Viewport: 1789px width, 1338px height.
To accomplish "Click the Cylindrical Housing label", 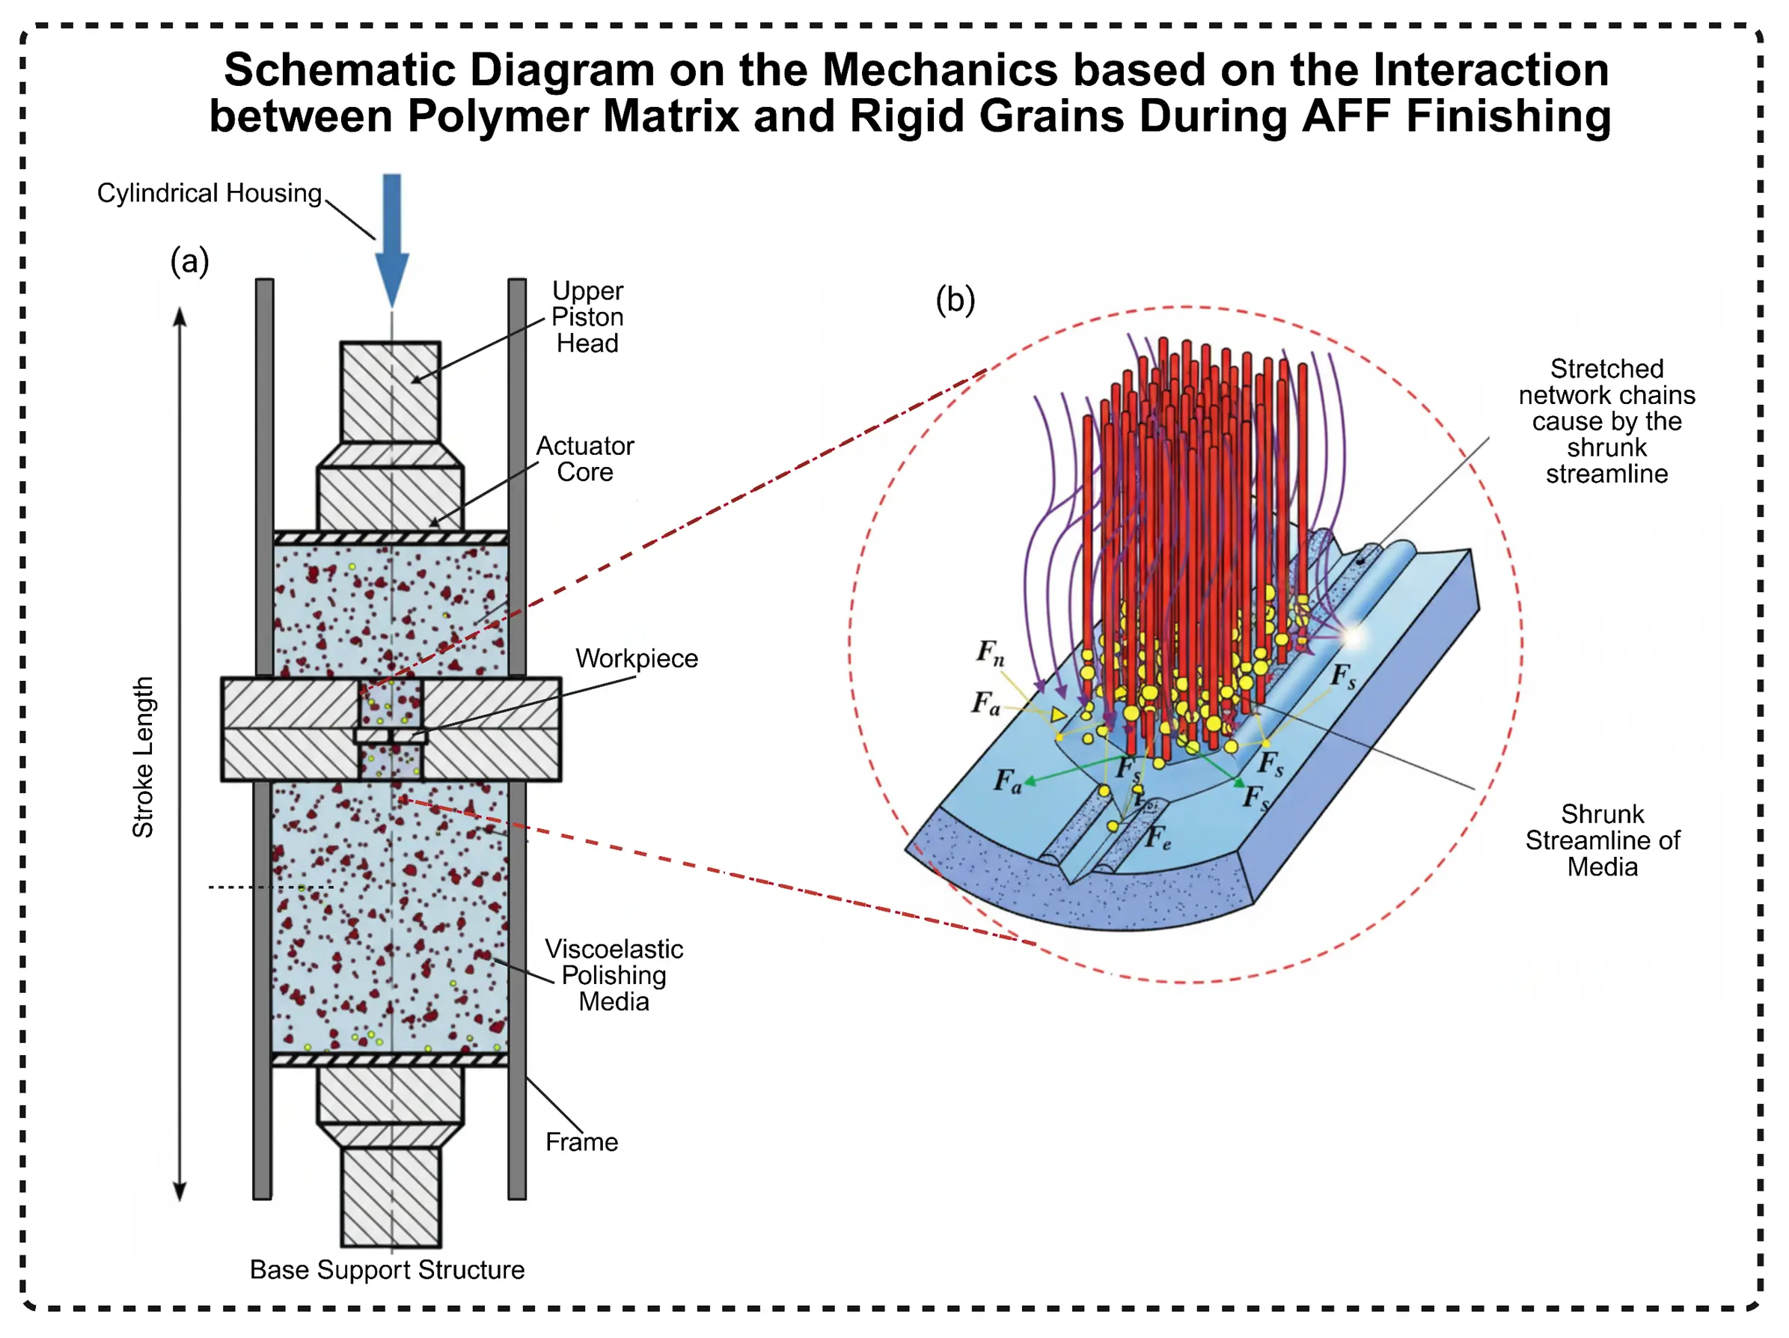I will [x=210, y=193].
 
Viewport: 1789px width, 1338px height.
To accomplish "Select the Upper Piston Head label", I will [x=587, y=317].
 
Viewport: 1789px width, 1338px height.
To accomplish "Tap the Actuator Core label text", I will [x=585, y=459].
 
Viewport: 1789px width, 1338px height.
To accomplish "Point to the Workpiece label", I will [x=637, y=659].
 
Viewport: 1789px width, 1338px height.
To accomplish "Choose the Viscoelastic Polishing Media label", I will [x=614, y=975].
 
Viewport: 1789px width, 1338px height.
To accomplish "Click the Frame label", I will [x=581, y=1141].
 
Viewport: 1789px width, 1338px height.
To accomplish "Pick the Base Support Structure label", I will [x=387, y=1269].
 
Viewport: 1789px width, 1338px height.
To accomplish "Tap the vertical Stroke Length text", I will [x=143, y=757].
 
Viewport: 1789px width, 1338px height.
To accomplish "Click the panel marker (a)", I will [x=189, y=261].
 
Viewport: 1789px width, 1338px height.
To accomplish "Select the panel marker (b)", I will [x=955, y=300].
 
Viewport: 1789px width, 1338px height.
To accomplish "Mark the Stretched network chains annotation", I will [x=1606, y=421].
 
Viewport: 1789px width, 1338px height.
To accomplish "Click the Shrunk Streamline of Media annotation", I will [x=1602, y=840].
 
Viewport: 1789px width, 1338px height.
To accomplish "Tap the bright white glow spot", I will [x=1352, y=638].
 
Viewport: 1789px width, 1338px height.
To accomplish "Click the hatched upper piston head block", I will [x=391, y=391].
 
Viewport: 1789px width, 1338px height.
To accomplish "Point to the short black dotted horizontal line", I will [x=271, y=888].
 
